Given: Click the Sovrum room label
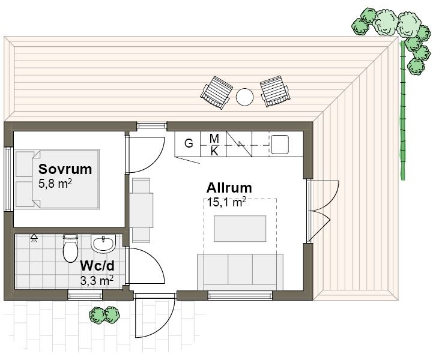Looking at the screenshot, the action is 65,169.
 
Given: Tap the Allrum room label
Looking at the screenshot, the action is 229,188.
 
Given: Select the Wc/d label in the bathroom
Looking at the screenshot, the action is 97,266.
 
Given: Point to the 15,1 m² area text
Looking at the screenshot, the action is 227,202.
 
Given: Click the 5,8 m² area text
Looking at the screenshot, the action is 55,184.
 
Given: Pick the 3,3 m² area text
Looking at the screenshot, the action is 97,280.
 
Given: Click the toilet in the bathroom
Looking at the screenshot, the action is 70,248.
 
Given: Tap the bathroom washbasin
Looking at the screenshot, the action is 103,244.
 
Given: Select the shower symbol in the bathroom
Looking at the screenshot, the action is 34,238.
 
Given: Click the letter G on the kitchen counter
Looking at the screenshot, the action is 189,143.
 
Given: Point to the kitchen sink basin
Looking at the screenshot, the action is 280,144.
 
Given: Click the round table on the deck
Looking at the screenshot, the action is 244,97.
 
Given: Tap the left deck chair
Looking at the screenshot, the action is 216,92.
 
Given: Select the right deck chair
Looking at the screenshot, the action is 275,91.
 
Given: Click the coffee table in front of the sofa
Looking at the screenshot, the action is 240,229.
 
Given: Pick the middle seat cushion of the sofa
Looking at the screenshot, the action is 240,269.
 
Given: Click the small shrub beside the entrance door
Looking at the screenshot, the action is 104,315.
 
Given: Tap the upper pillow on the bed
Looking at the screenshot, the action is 25,164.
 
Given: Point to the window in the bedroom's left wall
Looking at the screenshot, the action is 8,179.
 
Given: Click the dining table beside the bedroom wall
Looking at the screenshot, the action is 141,210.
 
